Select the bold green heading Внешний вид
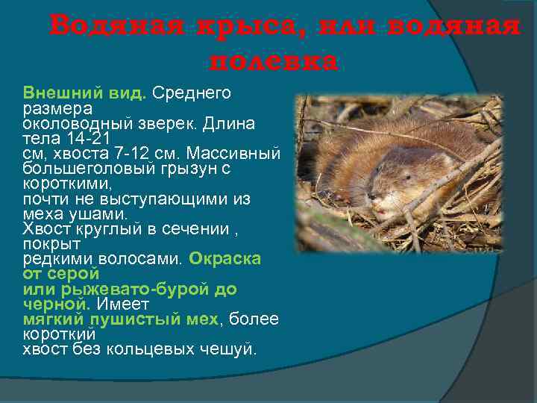(x=84, y=93)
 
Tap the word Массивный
(x=233, y=154)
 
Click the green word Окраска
(x=224, y=258)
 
